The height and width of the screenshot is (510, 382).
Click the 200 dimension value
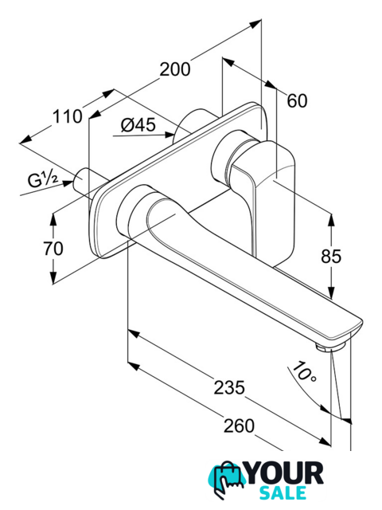(x=175, y=69)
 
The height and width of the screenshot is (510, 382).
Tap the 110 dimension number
(x=68, y=116)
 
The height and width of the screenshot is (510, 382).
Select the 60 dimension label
(x=297, y=100)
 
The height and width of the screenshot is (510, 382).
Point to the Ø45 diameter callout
(x=138, y=125)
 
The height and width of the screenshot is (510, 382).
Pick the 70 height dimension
(x=53, y=249)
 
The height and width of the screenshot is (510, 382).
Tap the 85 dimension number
(x=331, y=257)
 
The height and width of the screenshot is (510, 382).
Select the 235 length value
(x=229, y=388)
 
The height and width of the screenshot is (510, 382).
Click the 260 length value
(x=239, y=426)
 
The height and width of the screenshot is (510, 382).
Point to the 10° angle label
(x=304, y=372)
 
